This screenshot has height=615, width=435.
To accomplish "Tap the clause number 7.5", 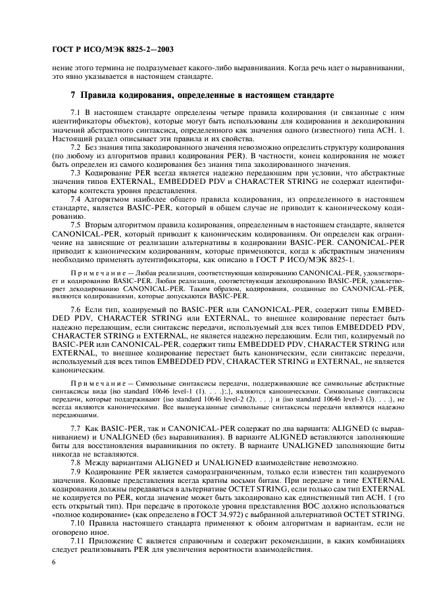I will click(75, 223).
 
